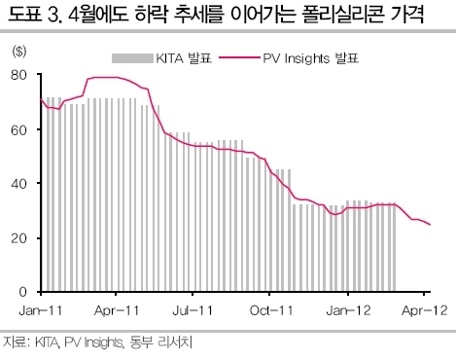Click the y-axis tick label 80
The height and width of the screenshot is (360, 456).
[x=18, y=75]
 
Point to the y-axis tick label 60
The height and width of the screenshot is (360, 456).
[x=18, y=130]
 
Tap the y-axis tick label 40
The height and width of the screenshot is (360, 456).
[x=18, y=184]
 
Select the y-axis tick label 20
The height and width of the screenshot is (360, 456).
[x=18, y=238]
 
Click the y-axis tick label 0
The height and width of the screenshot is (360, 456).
[x=22, y=292]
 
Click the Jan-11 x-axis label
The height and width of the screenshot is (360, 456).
[x=41, y=310]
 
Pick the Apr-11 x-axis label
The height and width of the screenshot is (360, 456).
[x=117, y=310]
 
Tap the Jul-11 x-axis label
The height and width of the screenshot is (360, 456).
[x=193, y=310]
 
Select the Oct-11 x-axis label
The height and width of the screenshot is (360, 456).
[x=271, y=310]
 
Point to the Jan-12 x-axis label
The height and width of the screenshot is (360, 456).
[x=348, y=310]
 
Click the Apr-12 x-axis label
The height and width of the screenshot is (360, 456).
[x=425, y=310]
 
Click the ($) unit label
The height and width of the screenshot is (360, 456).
[x=19, y=52]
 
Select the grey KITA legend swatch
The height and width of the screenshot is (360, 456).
[x=132, y=58]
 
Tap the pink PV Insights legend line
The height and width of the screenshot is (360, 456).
[x=239, y=57]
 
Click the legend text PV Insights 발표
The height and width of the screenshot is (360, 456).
[x=311, y=58]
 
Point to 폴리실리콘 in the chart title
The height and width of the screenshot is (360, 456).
[x=337, y=15]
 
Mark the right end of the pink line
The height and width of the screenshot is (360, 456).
[x=431, y=225]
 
